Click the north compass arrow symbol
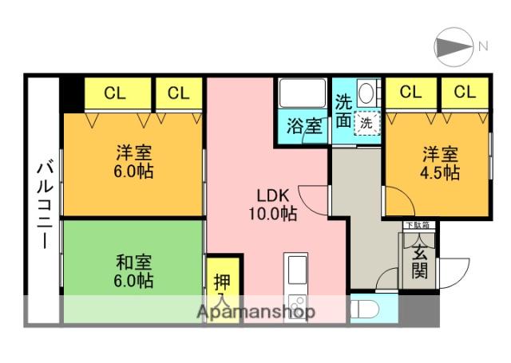pyautogui.click(x=454, y=46)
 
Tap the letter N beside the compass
pyautogui.click(x=482, y=46)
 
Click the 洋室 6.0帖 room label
pyautogui.click(x=133, y=162)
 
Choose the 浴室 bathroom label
pyautogui.click(x=305, y=125)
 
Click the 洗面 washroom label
pyautogui.click(x=343, y=112)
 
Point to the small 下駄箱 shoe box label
pyautogui.click(x=416, y=226)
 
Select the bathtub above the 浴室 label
pyautogui.click(x=303, y=96)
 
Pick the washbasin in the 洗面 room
pyautogui.click(x=367, y=91)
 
